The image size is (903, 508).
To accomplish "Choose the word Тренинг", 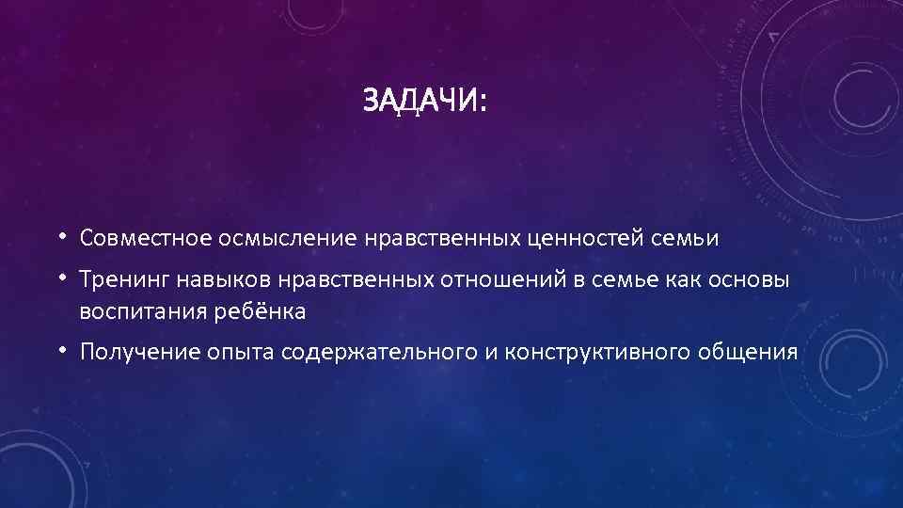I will (118, 280).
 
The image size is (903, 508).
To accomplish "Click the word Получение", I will (131, 352).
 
